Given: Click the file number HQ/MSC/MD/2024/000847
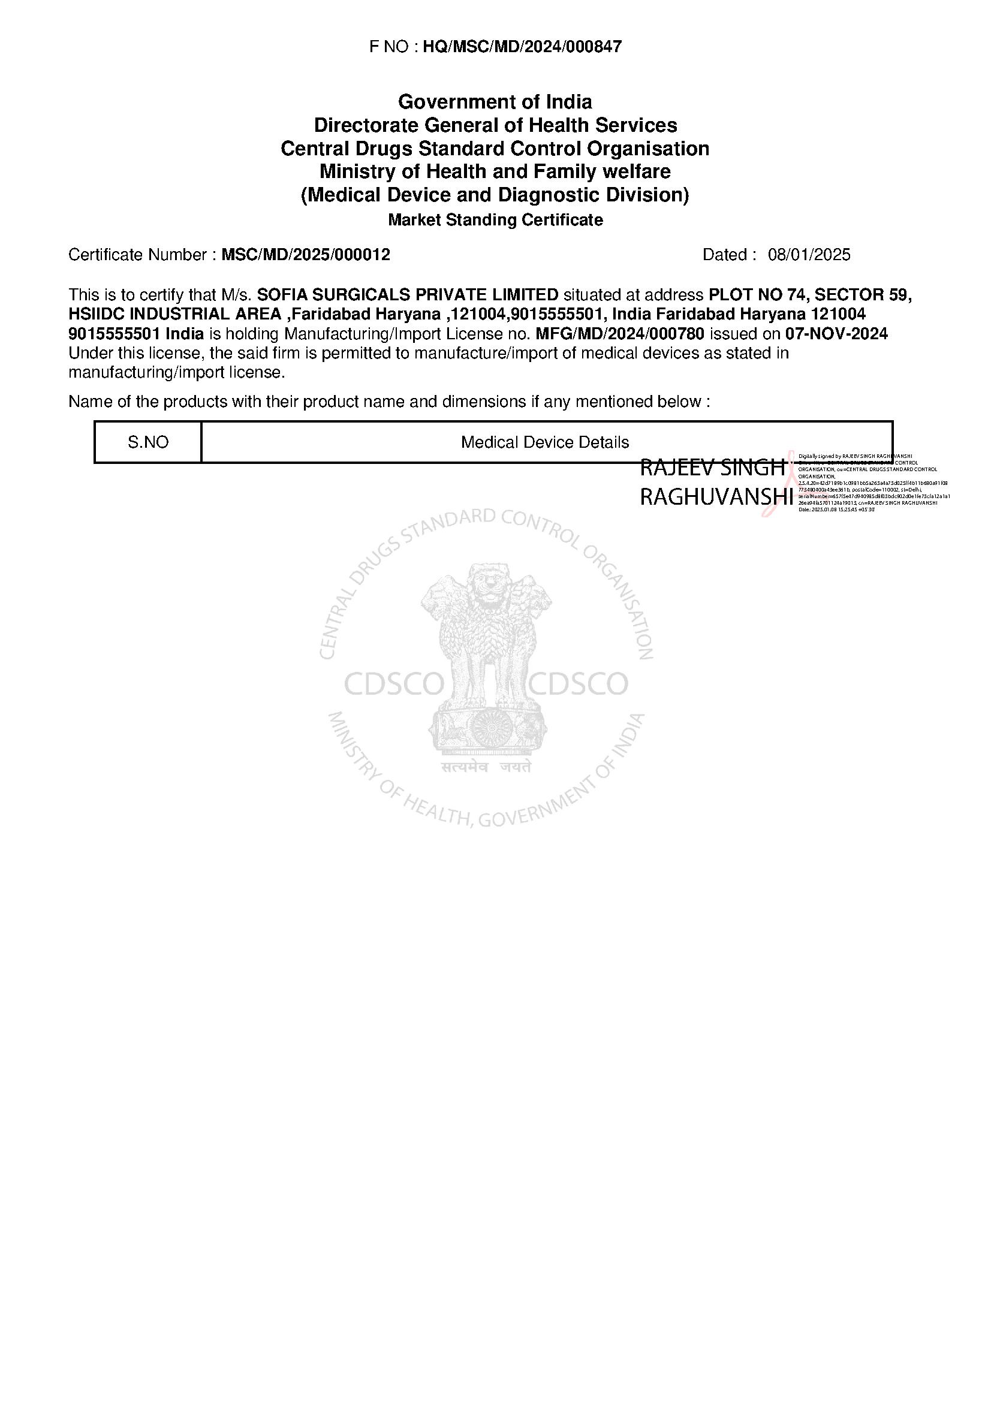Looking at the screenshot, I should tap(522, 47).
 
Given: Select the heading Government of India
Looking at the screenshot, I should tap(495, 101).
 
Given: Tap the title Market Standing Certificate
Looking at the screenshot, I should tap(495, 220).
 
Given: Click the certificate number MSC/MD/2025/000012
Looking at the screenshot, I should tap(305, 255).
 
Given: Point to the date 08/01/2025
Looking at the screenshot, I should tap(808, 255).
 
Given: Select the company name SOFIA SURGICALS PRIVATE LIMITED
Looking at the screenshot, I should tap(407, 295).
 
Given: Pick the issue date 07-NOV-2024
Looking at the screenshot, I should tap(836, 334).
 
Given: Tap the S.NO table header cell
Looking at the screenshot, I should tap(147, 442).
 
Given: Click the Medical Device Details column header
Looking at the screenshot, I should tap(544, 442).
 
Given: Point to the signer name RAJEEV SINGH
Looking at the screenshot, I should tap(712, 468).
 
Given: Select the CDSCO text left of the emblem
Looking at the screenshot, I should tap(394, 685).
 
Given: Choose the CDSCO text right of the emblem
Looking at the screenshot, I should tap(579, 685).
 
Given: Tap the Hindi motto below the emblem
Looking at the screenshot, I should tap(486, 768).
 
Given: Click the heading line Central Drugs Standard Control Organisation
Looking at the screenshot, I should tap(495, 149).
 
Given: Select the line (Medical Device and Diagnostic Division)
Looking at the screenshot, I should tap(495, 195).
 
